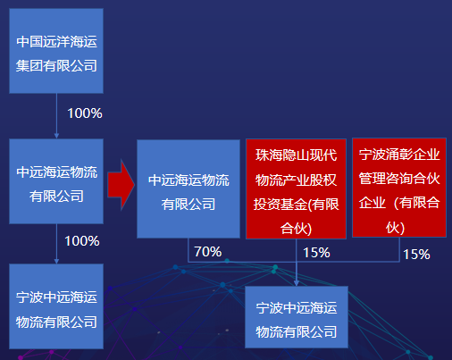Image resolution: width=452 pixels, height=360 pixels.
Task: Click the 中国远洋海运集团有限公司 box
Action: [56, 51]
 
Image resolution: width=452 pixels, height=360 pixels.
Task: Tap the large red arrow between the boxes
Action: [121, 185]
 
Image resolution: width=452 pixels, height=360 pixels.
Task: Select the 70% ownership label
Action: [208, 252]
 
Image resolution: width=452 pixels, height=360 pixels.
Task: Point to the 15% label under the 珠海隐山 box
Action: [316, 253]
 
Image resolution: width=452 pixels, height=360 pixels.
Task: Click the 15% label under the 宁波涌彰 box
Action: [416, 255]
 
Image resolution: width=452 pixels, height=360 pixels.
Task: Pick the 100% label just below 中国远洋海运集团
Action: [85, 113]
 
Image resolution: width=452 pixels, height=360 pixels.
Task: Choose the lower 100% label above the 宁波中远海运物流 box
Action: [82, 241]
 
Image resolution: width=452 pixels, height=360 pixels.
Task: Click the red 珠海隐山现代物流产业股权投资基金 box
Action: [296, 188]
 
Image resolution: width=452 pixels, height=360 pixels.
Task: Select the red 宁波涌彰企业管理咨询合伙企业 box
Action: [399, 188]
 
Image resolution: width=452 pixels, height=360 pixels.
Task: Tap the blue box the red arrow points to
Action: [188, 189]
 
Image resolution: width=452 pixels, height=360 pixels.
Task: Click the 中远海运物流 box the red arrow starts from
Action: [56, 181]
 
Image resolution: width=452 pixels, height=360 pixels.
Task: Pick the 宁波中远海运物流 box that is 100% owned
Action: [56, 306]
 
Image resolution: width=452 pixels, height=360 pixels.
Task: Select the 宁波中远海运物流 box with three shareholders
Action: [297, 317]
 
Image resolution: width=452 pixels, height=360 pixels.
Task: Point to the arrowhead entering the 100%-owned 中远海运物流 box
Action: [56, 136]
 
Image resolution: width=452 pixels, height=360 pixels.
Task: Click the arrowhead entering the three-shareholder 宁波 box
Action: [297, 283]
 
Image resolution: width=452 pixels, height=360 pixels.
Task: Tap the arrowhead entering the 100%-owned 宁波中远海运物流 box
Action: [56, 261]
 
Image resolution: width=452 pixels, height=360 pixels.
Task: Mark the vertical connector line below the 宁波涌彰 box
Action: [399, 249]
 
